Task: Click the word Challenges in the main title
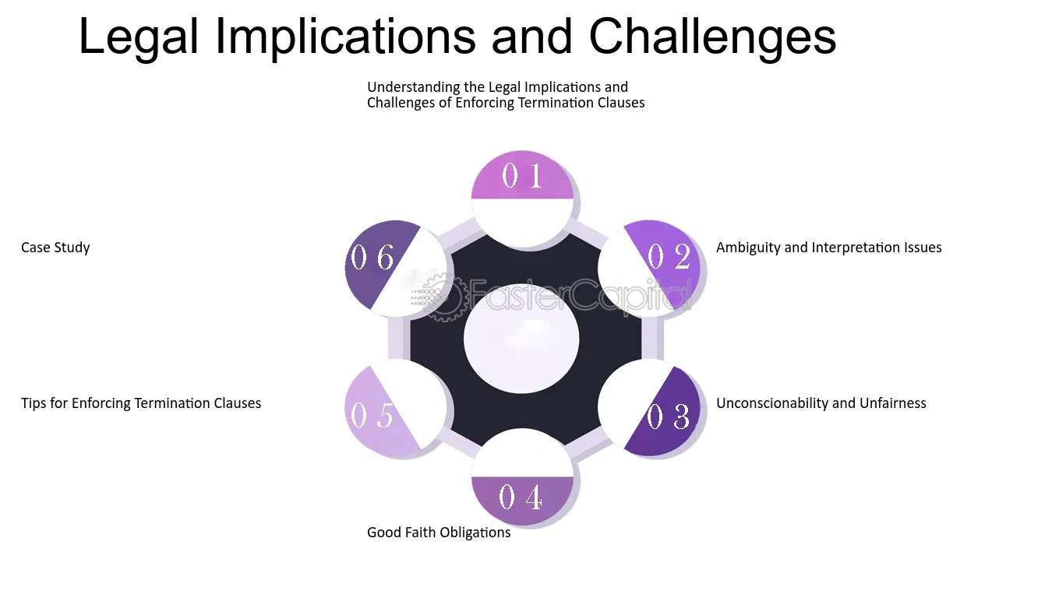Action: coord(712,37)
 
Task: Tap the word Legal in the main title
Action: coord(139,37)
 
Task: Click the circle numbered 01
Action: coord(522,199)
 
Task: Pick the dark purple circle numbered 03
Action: coord(649,409)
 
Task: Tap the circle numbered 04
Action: coord(522,477)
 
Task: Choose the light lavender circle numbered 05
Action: coord(395,409)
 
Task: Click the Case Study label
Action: coord(55,248)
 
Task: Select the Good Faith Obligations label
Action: coord(439,533)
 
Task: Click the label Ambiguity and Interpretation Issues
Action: coord(829,248)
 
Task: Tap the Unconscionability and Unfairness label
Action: coord(821,403)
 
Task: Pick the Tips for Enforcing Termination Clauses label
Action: coord(141,403)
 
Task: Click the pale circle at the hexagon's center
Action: coord(521,339)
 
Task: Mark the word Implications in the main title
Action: coord(345,37)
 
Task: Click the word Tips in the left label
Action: coord(34,403)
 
